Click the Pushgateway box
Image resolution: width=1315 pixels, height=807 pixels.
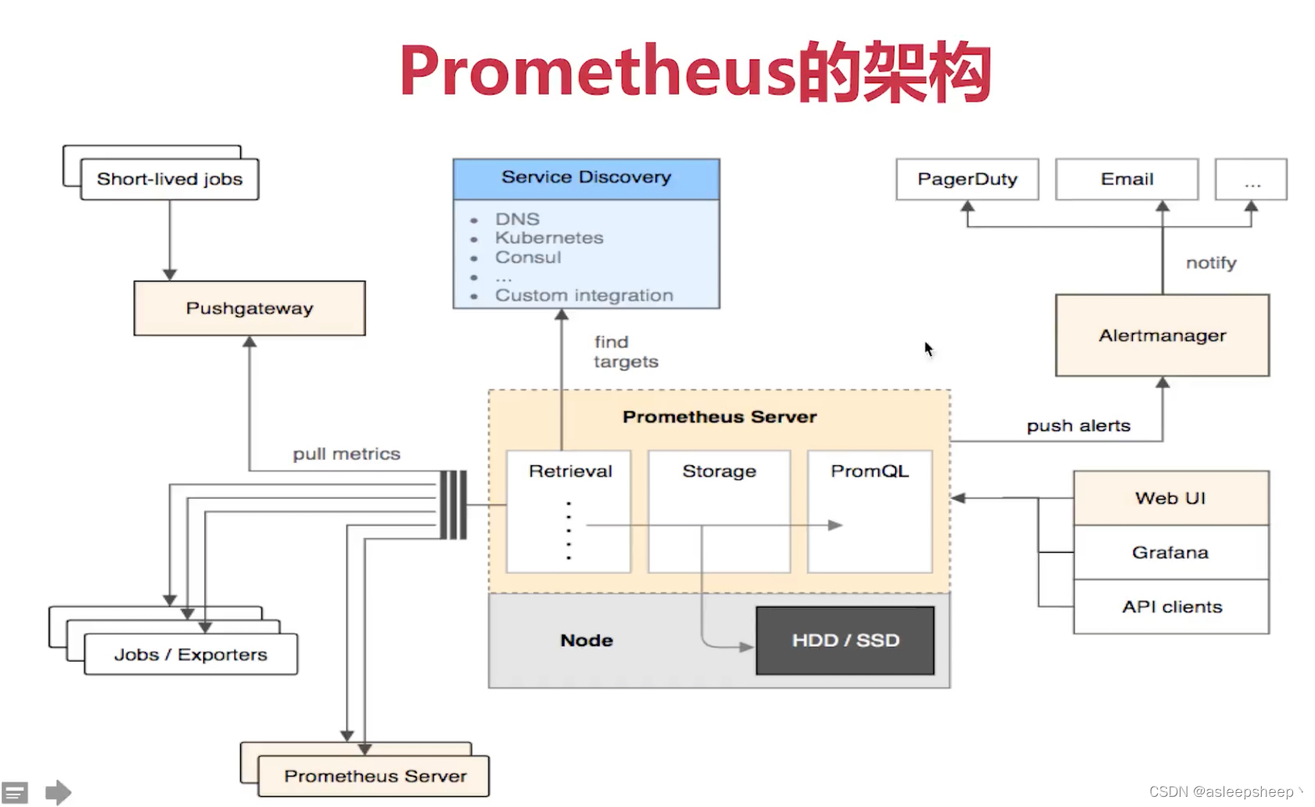click(249, 308)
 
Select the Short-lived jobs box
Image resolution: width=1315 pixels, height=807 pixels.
click(170, 179)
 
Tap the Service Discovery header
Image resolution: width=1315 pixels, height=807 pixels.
click(586, 178)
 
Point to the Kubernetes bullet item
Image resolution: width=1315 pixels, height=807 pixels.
click(549, 238)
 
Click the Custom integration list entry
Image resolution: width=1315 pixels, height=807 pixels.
click(583, 296)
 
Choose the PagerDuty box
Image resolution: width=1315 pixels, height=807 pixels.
click(967, 179)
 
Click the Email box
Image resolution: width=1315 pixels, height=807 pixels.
click(1127, 179)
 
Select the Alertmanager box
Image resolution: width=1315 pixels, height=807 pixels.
click(1162, 335)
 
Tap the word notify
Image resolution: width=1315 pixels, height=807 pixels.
click(1211, 263)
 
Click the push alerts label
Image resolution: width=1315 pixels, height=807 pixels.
click(1078, 426)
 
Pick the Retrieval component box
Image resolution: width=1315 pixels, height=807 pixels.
click(569, 511)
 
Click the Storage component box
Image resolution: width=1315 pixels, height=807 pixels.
click(718, 511)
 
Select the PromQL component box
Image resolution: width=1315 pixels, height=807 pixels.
click(869, 511)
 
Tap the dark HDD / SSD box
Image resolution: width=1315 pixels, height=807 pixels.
click(845, 640)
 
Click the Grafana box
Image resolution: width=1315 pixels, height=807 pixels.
click(1170, 553)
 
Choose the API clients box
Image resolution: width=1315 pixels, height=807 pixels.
click(1171, 607)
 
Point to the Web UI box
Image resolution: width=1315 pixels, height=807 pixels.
click(1170, 498)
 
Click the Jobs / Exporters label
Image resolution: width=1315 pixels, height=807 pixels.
click(191, 655)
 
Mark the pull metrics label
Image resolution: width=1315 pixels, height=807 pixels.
click(346, 454)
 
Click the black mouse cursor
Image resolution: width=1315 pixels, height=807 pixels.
click(928, 349)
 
